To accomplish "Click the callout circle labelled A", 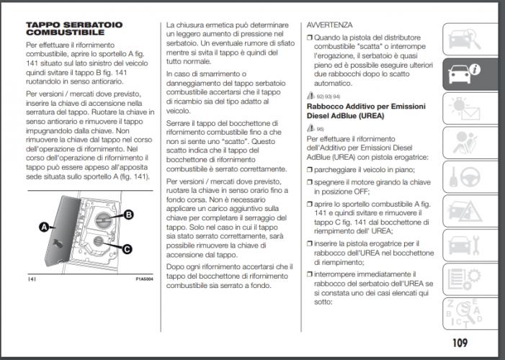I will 45,228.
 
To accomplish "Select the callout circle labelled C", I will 128,250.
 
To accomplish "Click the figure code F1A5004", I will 143,278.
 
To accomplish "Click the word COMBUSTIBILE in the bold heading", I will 57,33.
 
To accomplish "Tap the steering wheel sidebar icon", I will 465,176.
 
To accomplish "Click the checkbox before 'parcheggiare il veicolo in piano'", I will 310,170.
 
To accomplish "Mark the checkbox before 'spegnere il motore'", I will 310,183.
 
